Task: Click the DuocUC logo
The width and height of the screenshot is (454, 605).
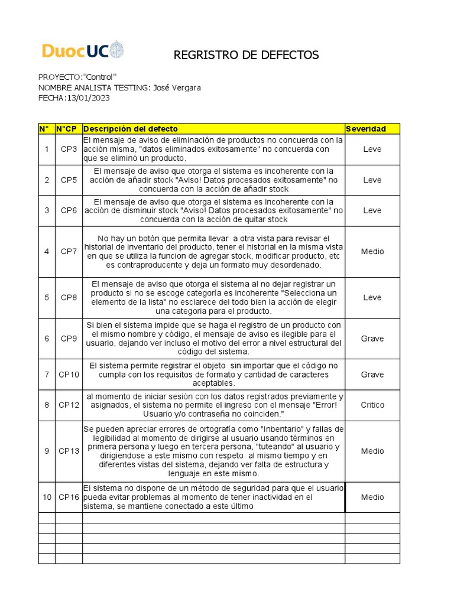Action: (x=83, y=50)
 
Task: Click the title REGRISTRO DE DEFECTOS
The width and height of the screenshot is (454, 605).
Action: (x=246, y=56)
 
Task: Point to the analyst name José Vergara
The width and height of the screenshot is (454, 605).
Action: (x=177, y=87)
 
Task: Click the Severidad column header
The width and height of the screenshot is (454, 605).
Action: (x=366, y=129)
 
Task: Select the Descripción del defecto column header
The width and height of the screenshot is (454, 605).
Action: (x=131, y=129)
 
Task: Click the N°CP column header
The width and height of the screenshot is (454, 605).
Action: (x=68, y=129)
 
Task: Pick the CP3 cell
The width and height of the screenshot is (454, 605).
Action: (x=69, y=149)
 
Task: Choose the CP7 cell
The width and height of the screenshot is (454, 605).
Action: (x=69, y=251)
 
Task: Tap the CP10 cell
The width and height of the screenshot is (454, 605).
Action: (x=69, y=375)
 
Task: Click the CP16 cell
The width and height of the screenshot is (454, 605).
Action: (x=69, y=497)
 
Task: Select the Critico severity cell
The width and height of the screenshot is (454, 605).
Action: (x=372, y=405)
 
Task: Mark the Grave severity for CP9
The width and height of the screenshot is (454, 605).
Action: (x=372, y=339)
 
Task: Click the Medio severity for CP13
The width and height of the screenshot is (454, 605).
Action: (x=372, y=451)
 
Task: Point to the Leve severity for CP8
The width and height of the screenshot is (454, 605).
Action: (x=372, y=297)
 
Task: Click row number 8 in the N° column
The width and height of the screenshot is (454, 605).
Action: (x=47, y=405)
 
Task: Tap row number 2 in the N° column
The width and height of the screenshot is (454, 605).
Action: (x=47, y=180)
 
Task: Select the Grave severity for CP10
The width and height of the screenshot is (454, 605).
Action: (x=372, y=375)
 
